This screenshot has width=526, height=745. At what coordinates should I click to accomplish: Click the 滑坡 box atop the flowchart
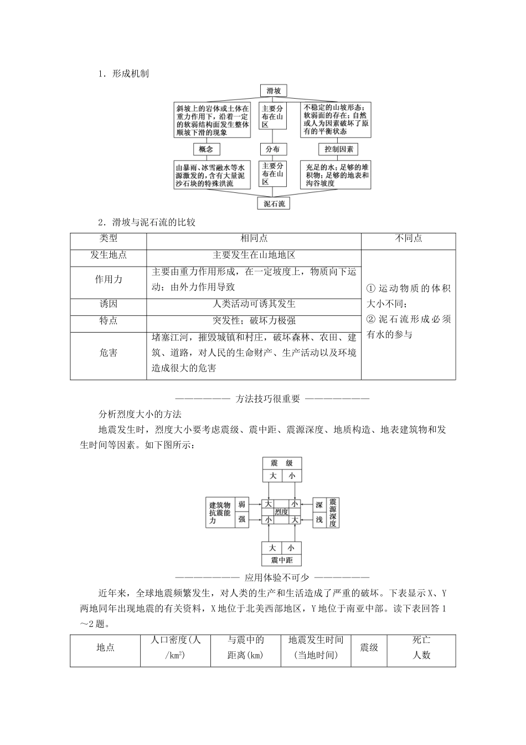[274, 90]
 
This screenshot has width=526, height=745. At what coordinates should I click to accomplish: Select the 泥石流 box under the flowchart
[274, 203]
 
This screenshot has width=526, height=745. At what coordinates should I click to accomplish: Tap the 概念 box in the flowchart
[207, 149]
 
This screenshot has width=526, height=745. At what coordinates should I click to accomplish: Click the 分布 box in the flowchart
[272, 149]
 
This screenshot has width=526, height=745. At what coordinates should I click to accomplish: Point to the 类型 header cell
[108, 238]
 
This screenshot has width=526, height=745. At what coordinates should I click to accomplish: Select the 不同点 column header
[408, 238]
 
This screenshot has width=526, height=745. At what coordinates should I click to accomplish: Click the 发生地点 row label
[108, 255]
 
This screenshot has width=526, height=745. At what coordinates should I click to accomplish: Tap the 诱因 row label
[108, 304]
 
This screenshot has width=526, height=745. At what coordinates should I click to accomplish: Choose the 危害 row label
[108, 353]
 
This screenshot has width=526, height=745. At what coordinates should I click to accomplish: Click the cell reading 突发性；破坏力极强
[254, 320]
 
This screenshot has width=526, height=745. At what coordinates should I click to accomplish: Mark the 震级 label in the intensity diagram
[282, 463]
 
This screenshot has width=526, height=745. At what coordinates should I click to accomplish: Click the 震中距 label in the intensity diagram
[282, 560]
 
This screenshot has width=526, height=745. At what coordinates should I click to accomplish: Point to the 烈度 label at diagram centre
[282, 512]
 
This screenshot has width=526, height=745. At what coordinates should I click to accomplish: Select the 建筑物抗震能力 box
[219, 512]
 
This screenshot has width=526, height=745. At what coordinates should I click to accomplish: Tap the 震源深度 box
[332, 512]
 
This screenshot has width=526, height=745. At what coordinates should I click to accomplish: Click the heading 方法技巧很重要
[267, 398]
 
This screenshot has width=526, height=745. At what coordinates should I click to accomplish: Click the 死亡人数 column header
[421, 647]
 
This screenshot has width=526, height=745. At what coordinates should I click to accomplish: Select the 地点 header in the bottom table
[105, 647]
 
